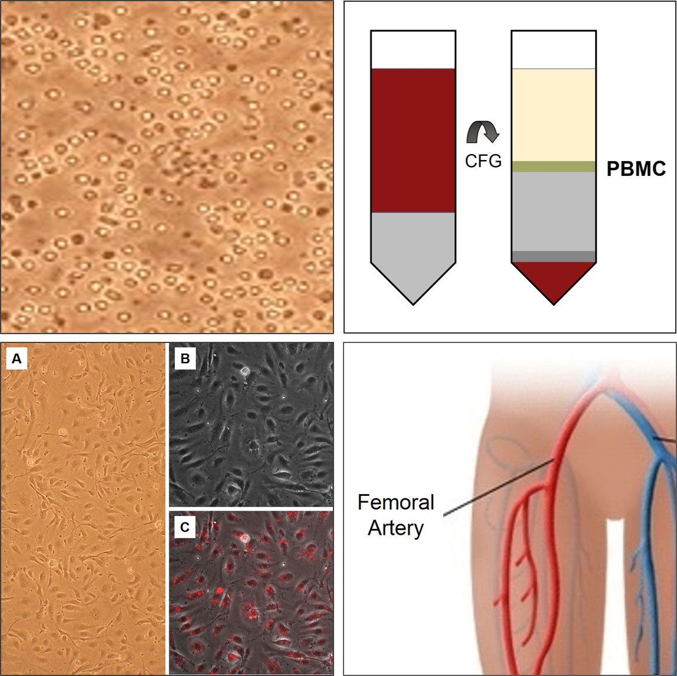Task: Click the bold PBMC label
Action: [636, 169]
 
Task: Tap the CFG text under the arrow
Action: [483, 161]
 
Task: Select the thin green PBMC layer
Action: [553, 166]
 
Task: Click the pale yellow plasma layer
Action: [553, 115]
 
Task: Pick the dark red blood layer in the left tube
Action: [413, 140]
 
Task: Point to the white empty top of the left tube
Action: [413, 50]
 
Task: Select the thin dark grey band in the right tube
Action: [553, 256]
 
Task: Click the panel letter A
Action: [17, 358]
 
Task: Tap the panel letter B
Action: [185, 358]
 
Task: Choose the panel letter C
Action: [185, 527]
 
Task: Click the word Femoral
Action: [395, 502]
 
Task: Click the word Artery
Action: [395, 528]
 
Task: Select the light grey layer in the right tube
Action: [553, 211]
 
